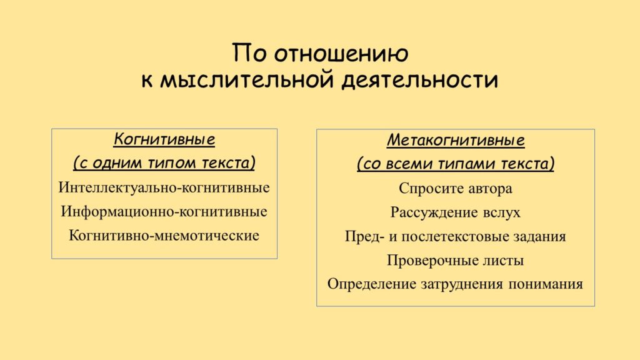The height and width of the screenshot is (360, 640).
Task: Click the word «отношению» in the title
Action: click(x=341, y=54)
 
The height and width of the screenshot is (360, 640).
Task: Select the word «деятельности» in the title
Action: click(x=419, y=79)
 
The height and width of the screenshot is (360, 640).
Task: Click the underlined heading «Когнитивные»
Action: click(x=164, y=139)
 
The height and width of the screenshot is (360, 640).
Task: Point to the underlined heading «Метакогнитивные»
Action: click(x=456, y=141)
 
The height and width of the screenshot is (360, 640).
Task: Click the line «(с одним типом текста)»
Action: click(x=164, y=163)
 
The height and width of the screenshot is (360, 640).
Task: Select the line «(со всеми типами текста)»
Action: click(x=456, y=164)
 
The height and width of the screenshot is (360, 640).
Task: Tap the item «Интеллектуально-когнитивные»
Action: click(x=164, y=187)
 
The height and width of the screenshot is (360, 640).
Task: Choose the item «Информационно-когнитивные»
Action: click(x=164, y=211)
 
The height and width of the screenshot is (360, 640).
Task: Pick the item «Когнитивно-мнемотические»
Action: click(x=164, y=236)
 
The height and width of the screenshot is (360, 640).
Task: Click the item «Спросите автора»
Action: click(x=456, y=189)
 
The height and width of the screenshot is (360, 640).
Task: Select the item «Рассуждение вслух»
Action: click(x=456, y=212)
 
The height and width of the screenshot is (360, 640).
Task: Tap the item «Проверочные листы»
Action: click(x=456, y=261)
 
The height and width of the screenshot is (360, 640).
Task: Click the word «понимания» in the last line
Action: click(x=545, y=284)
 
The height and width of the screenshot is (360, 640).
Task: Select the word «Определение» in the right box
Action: click(x=371, y=284)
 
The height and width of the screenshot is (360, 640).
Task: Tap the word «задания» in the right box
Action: click(x=537, y=237)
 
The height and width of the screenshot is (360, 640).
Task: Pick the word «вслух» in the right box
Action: click(x=501, y=213)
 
